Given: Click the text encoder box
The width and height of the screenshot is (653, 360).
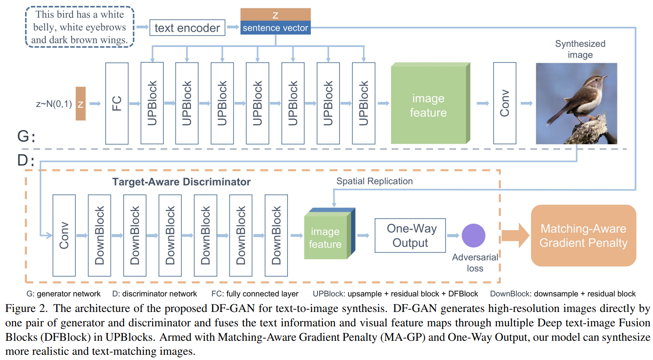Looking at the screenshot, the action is pyautogui.click(x=187, y=28).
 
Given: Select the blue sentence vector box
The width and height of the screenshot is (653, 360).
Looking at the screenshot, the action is pyautogui.click(x=275, y=28).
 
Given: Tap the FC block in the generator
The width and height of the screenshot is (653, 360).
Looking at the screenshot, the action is pyautogui.click(x=117, y=103).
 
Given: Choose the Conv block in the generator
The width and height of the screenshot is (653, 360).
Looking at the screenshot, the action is pyautogui.click(x=504, y=103).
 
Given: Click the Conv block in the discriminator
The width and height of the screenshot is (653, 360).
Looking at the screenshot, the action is pyautogui.click(x=64, y=235).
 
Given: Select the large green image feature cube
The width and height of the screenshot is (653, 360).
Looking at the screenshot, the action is pyautogui.click(x=430, y=103).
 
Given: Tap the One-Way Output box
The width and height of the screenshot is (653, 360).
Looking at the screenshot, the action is pyautogui.click(x=410, y=235).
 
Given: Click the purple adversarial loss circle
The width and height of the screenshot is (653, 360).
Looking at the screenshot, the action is pyautogui.click(x=473, y=235).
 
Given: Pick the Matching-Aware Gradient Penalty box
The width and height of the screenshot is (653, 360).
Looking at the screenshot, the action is pyautogui.click(x=583, y=235).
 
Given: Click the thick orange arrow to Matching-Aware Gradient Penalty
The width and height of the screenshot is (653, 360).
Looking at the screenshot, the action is pyautogui.click(x=515, y=235).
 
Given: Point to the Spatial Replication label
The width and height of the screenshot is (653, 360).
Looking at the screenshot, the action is pyautogui.click(x=375, y=181).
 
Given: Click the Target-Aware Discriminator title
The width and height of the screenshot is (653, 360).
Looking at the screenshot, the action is pyautogui.click(x=181, y=182).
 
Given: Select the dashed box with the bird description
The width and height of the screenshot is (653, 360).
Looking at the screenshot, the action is pyautogui.click(x=80, y=27).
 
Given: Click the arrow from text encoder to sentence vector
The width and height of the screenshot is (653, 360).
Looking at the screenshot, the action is pyautogui.click(x=233, y=27).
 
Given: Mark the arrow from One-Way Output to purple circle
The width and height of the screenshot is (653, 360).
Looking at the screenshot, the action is pyautogui.click(x=453, y=235).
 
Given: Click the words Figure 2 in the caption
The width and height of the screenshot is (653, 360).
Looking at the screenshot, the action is pyautogui.click(x=26, y=308).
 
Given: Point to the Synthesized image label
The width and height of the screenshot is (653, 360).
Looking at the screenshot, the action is pyautogui.click(x=580, y=49).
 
